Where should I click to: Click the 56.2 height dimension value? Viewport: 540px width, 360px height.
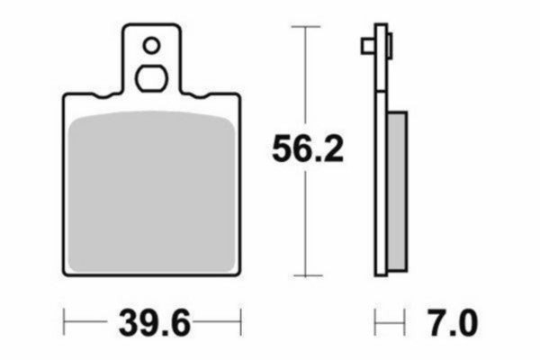coord(308,150)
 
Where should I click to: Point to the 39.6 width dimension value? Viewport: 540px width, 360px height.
coord(153,321)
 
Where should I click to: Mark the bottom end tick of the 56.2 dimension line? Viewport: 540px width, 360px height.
coord(308,274)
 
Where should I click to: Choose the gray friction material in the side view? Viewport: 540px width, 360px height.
coord(397,189)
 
